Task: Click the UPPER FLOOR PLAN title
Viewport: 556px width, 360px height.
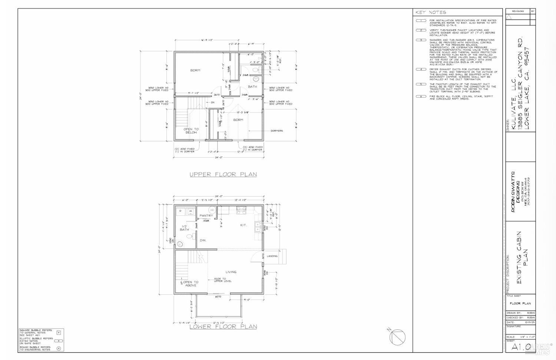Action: click(223, 174)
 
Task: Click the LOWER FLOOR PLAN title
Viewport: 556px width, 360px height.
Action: click(223, 327)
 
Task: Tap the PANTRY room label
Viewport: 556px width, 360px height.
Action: click(206, 215)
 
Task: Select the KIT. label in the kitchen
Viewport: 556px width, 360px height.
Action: click(244, 225)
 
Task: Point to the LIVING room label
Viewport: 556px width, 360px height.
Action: click(231, 272)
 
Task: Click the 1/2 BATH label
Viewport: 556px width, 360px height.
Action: click(184, 228)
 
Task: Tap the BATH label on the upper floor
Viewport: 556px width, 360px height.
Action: click(252, 87)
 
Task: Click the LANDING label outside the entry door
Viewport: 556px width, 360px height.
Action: click(272, 256)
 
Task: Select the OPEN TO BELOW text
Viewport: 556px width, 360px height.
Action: click(191, 131)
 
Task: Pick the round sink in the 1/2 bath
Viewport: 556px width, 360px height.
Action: click(180, 244)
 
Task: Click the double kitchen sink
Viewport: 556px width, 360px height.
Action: click(258, 227)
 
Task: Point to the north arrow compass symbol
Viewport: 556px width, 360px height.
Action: click(397, 337)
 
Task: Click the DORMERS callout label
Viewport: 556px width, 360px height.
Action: click(277, 131)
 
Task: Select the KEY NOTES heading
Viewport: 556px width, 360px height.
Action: click(430, 12)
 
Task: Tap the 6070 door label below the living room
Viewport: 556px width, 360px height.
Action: click(218, 296)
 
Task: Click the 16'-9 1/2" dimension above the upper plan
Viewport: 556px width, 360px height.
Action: click(208, 40)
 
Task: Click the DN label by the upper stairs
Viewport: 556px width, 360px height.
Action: click(212, 102)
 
